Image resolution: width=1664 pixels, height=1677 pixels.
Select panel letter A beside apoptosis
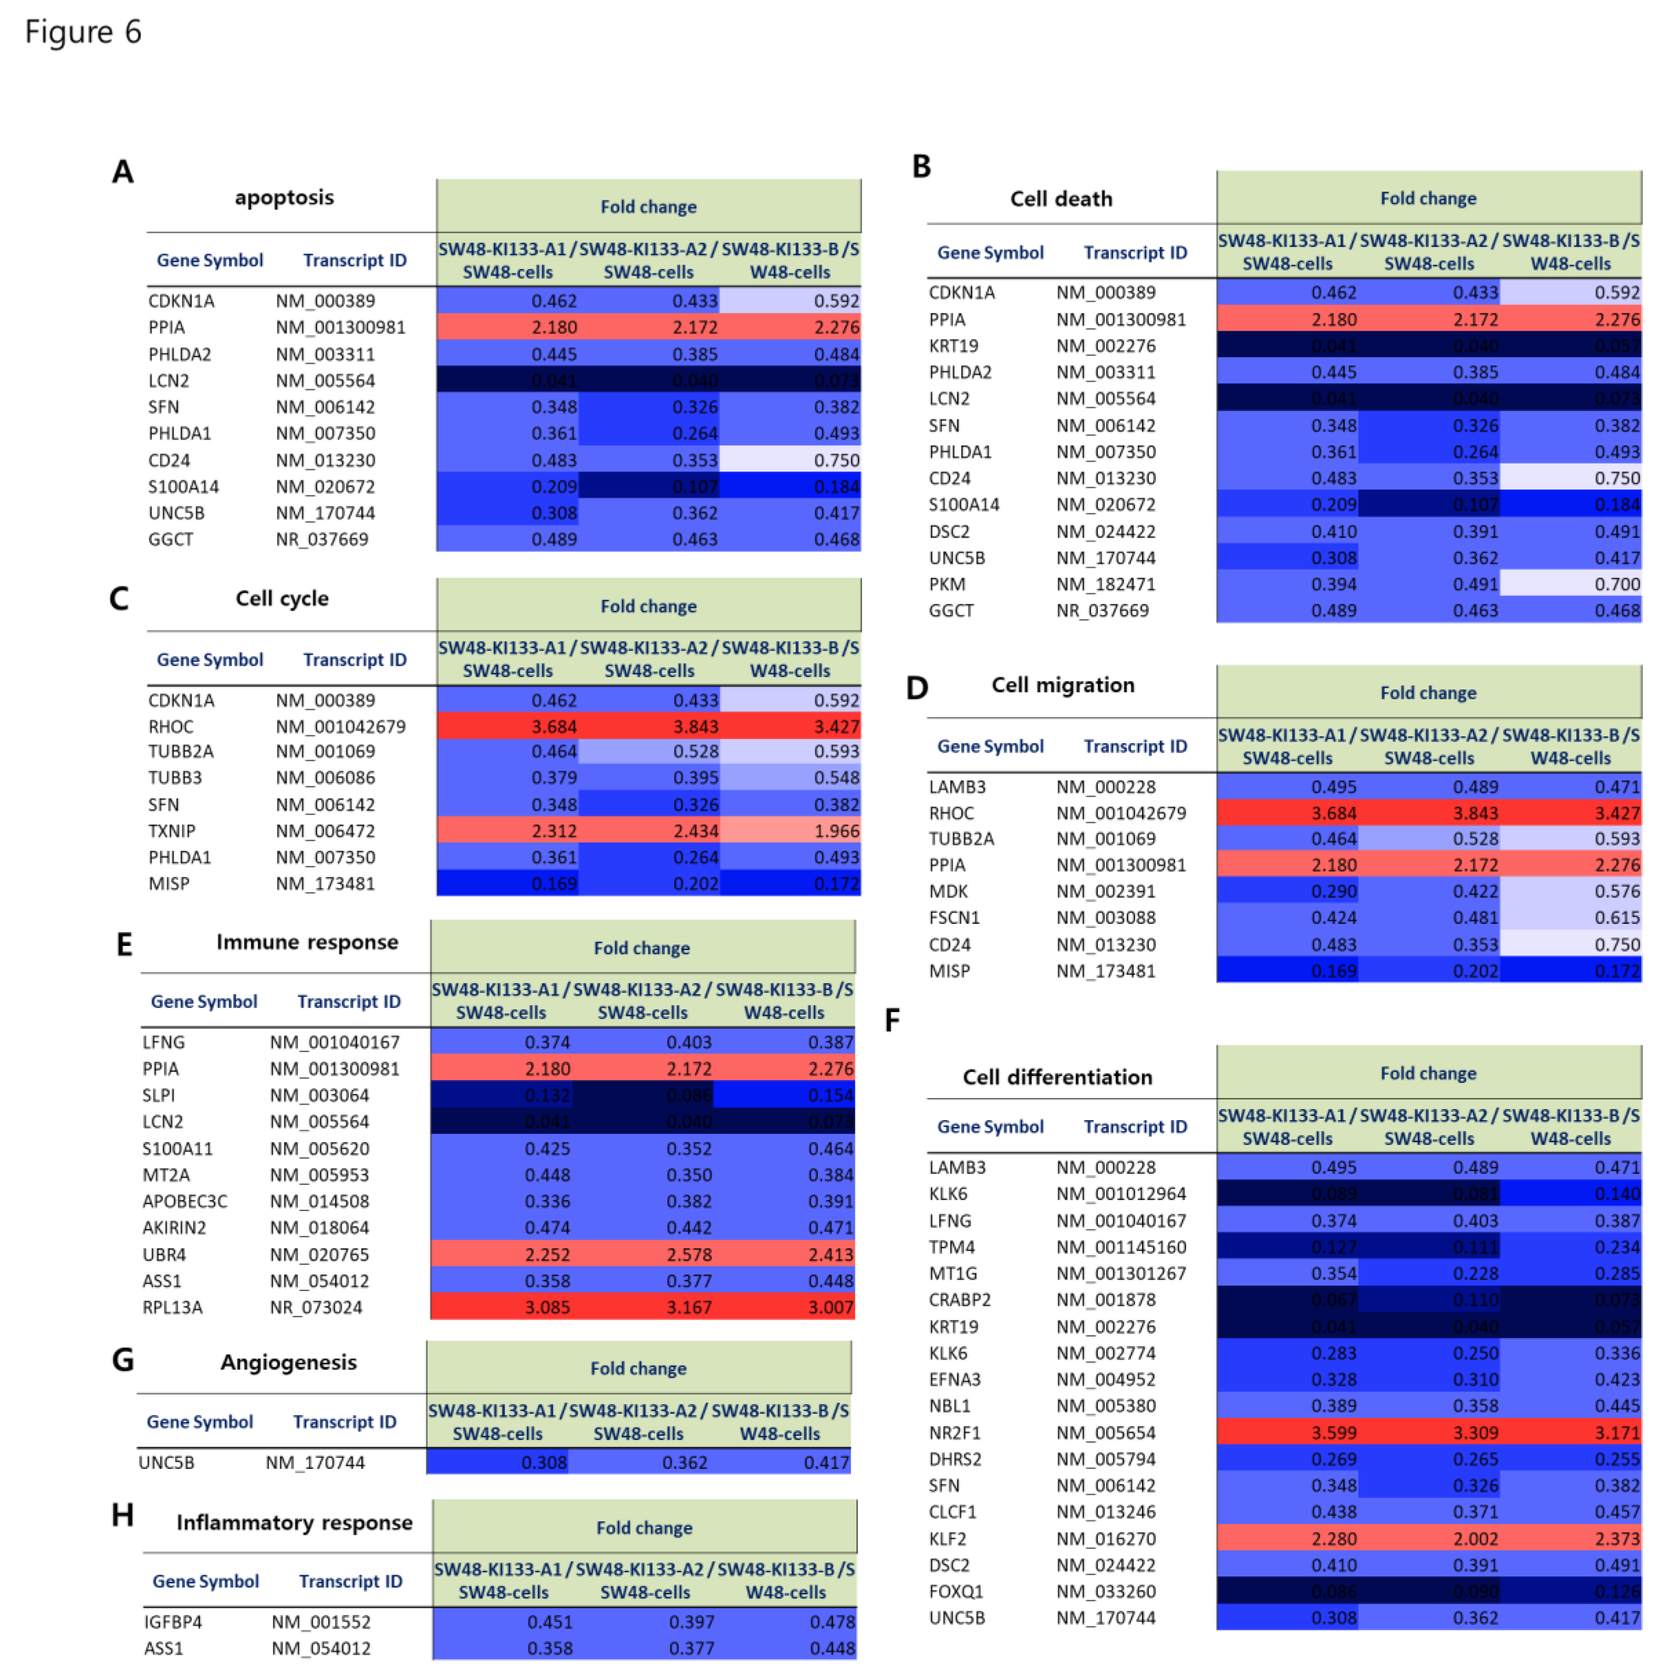pos(122,172)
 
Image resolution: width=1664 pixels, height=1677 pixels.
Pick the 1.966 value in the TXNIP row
pos(836,831)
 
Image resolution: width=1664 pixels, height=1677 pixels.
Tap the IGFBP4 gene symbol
pos(172,1621)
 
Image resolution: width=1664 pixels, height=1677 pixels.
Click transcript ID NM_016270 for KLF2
pos(1105,1538)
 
